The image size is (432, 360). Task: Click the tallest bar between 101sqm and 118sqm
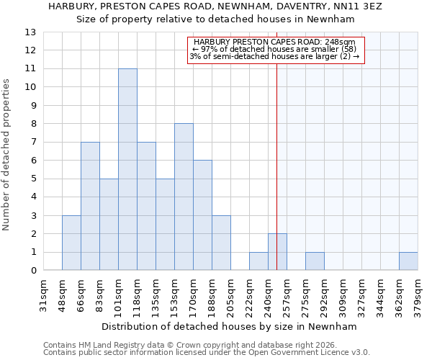(x=127, y=169)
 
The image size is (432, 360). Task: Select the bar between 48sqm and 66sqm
(x=71, y=243)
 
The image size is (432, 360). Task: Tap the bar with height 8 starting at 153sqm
(x=184, y=197)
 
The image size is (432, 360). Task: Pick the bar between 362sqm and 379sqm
(x=408, y=261)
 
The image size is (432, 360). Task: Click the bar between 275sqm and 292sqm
(x=315, y=261)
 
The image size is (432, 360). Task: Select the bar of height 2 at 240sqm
(x=277, y=252)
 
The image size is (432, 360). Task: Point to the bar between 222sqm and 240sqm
(x=258, y=261)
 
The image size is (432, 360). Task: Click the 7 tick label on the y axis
(x=32, y=143)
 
